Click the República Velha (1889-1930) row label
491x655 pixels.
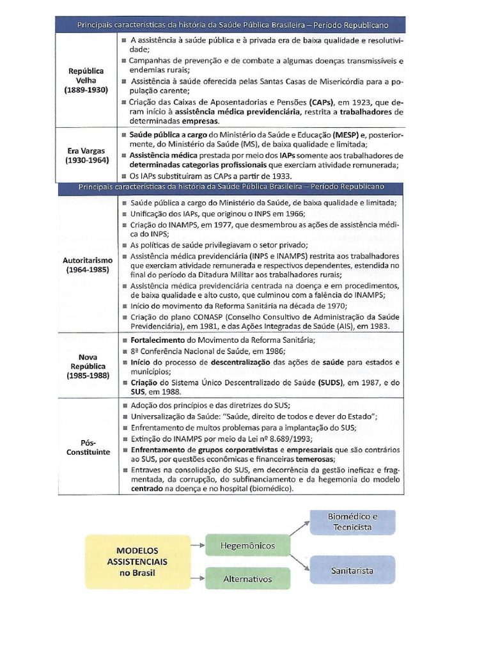pyautogui.click(x=86, y=81)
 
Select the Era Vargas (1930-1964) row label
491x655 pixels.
pyautogui.click(x=86, y=155)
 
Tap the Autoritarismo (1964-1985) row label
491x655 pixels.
pyautogui.click(x=88, y=265)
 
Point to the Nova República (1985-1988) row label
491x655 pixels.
pyautogui.click(x=86, y=367)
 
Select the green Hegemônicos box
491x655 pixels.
pyautogui.click(x=247, y=546)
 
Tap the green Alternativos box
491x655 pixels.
pyautogui.click(x=247, y=579)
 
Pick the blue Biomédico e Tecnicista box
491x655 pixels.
pyautogui.click(x=352, y=522)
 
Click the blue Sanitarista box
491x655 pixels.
pyautogui.click(x=352, y=570)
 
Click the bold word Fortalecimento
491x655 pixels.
pyautogui.click(x=157, y=339)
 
